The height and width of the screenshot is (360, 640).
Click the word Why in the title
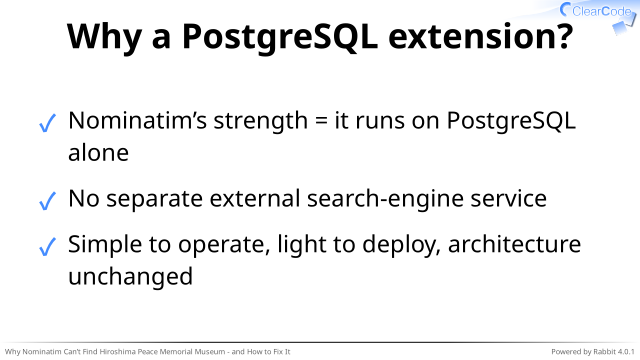(104, 37)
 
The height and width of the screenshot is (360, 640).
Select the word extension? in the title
(480, 36)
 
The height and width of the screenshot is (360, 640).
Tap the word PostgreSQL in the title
(279, 37)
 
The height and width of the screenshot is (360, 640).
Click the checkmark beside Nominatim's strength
(47, 123)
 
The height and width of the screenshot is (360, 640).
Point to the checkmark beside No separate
(47, 201)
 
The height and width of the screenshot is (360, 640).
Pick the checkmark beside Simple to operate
(47, 247)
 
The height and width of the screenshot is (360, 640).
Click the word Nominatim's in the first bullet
(138, 120)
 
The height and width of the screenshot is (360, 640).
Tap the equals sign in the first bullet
(321, 121)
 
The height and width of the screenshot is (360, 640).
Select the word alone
(98, 153)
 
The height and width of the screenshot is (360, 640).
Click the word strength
(260, 121)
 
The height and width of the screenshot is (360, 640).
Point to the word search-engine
(385, 199)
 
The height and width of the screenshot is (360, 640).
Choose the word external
(255, 198)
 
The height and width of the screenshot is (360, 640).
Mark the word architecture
(514, 244)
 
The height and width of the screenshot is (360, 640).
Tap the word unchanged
(130, 277)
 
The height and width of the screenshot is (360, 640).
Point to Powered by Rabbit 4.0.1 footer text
(593, 352)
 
